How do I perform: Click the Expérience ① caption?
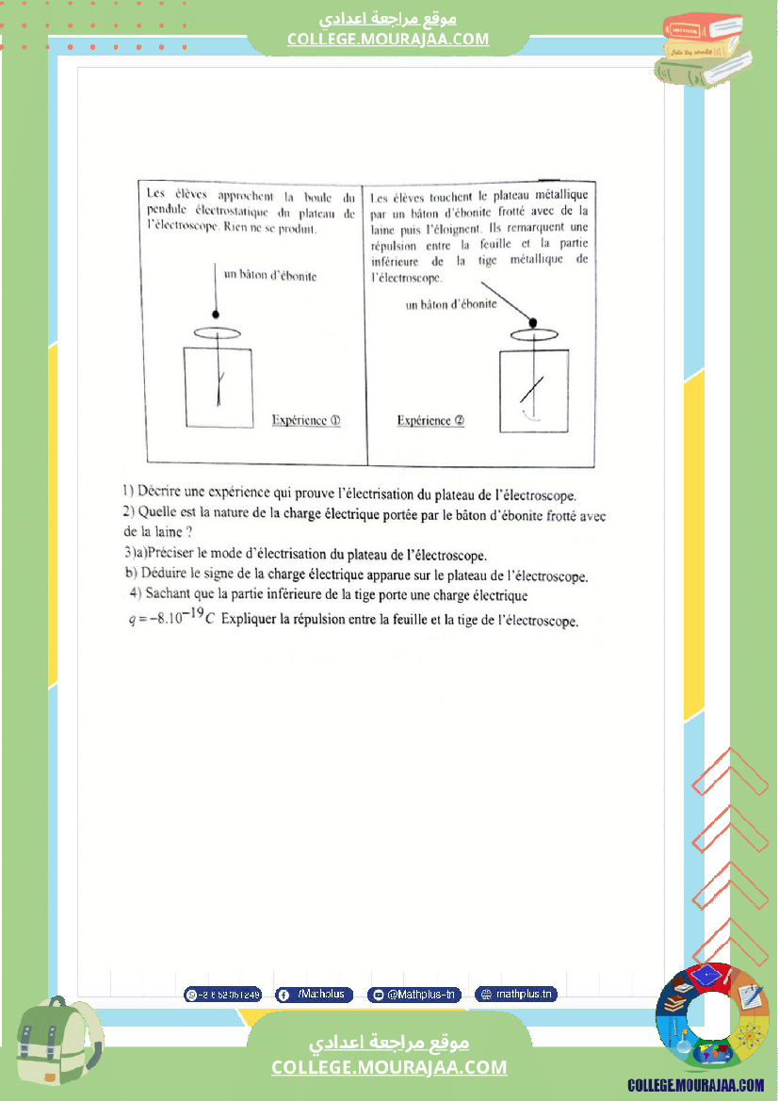click(x=305, y=420)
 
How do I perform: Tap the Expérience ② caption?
click(x=430, y=421)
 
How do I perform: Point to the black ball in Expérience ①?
click(x=217, y=314)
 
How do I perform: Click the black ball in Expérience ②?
click(x=532, y=323)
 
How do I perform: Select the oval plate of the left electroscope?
click(x=218, y=332)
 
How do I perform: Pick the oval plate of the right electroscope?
click(x=534, y=334)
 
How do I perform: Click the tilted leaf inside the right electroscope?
click(x=532, y=388)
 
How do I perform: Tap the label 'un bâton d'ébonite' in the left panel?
click(x=270, y=276)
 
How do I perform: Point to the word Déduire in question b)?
click(x=163, y=575)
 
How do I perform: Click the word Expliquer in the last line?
click(x=256, y=622)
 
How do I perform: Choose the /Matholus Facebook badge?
click(x=314, y=995)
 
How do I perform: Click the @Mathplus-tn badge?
click(x=413, y=995)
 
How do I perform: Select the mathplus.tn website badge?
click(x=516, y=995)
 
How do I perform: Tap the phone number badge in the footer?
click(x=221, y=995)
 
